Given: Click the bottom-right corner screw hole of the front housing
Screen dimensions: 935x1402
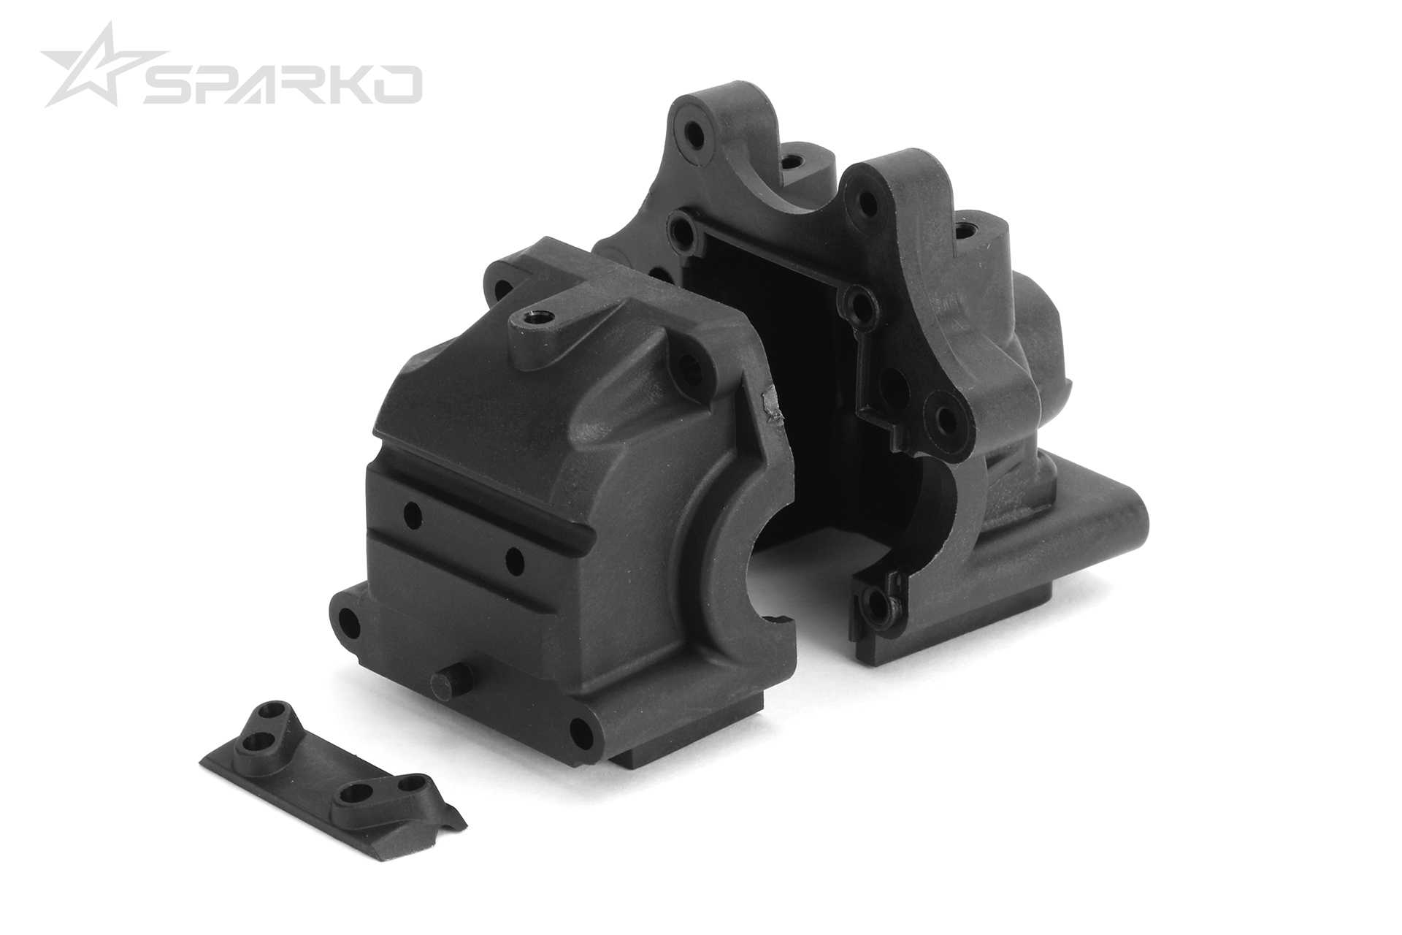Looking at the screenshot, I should pos(582,732).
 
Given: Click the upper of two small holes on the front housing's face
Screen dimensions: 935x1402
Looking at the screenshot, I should pos(412,515).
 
